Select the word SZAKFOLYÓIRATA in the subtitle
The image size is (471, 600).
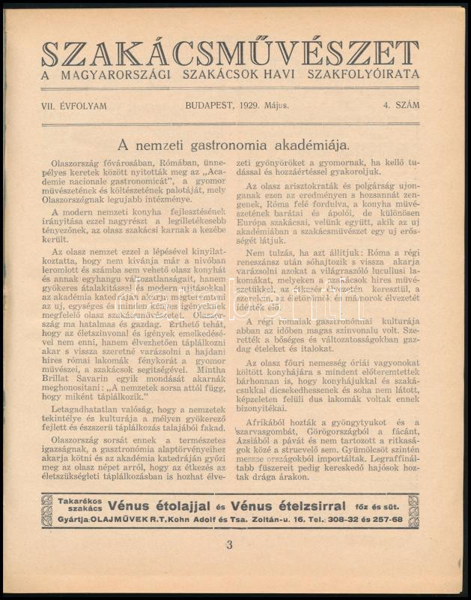tap(371, 74)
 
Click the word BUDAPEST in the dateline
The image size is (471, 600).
tap(210, 105)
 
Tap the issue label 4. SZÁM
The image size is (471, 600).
tap(398, 105)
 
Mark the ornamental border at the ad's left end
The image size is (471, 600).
tap(48, 510)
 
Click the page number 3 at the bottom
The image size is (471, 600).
tap(230, 546)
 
